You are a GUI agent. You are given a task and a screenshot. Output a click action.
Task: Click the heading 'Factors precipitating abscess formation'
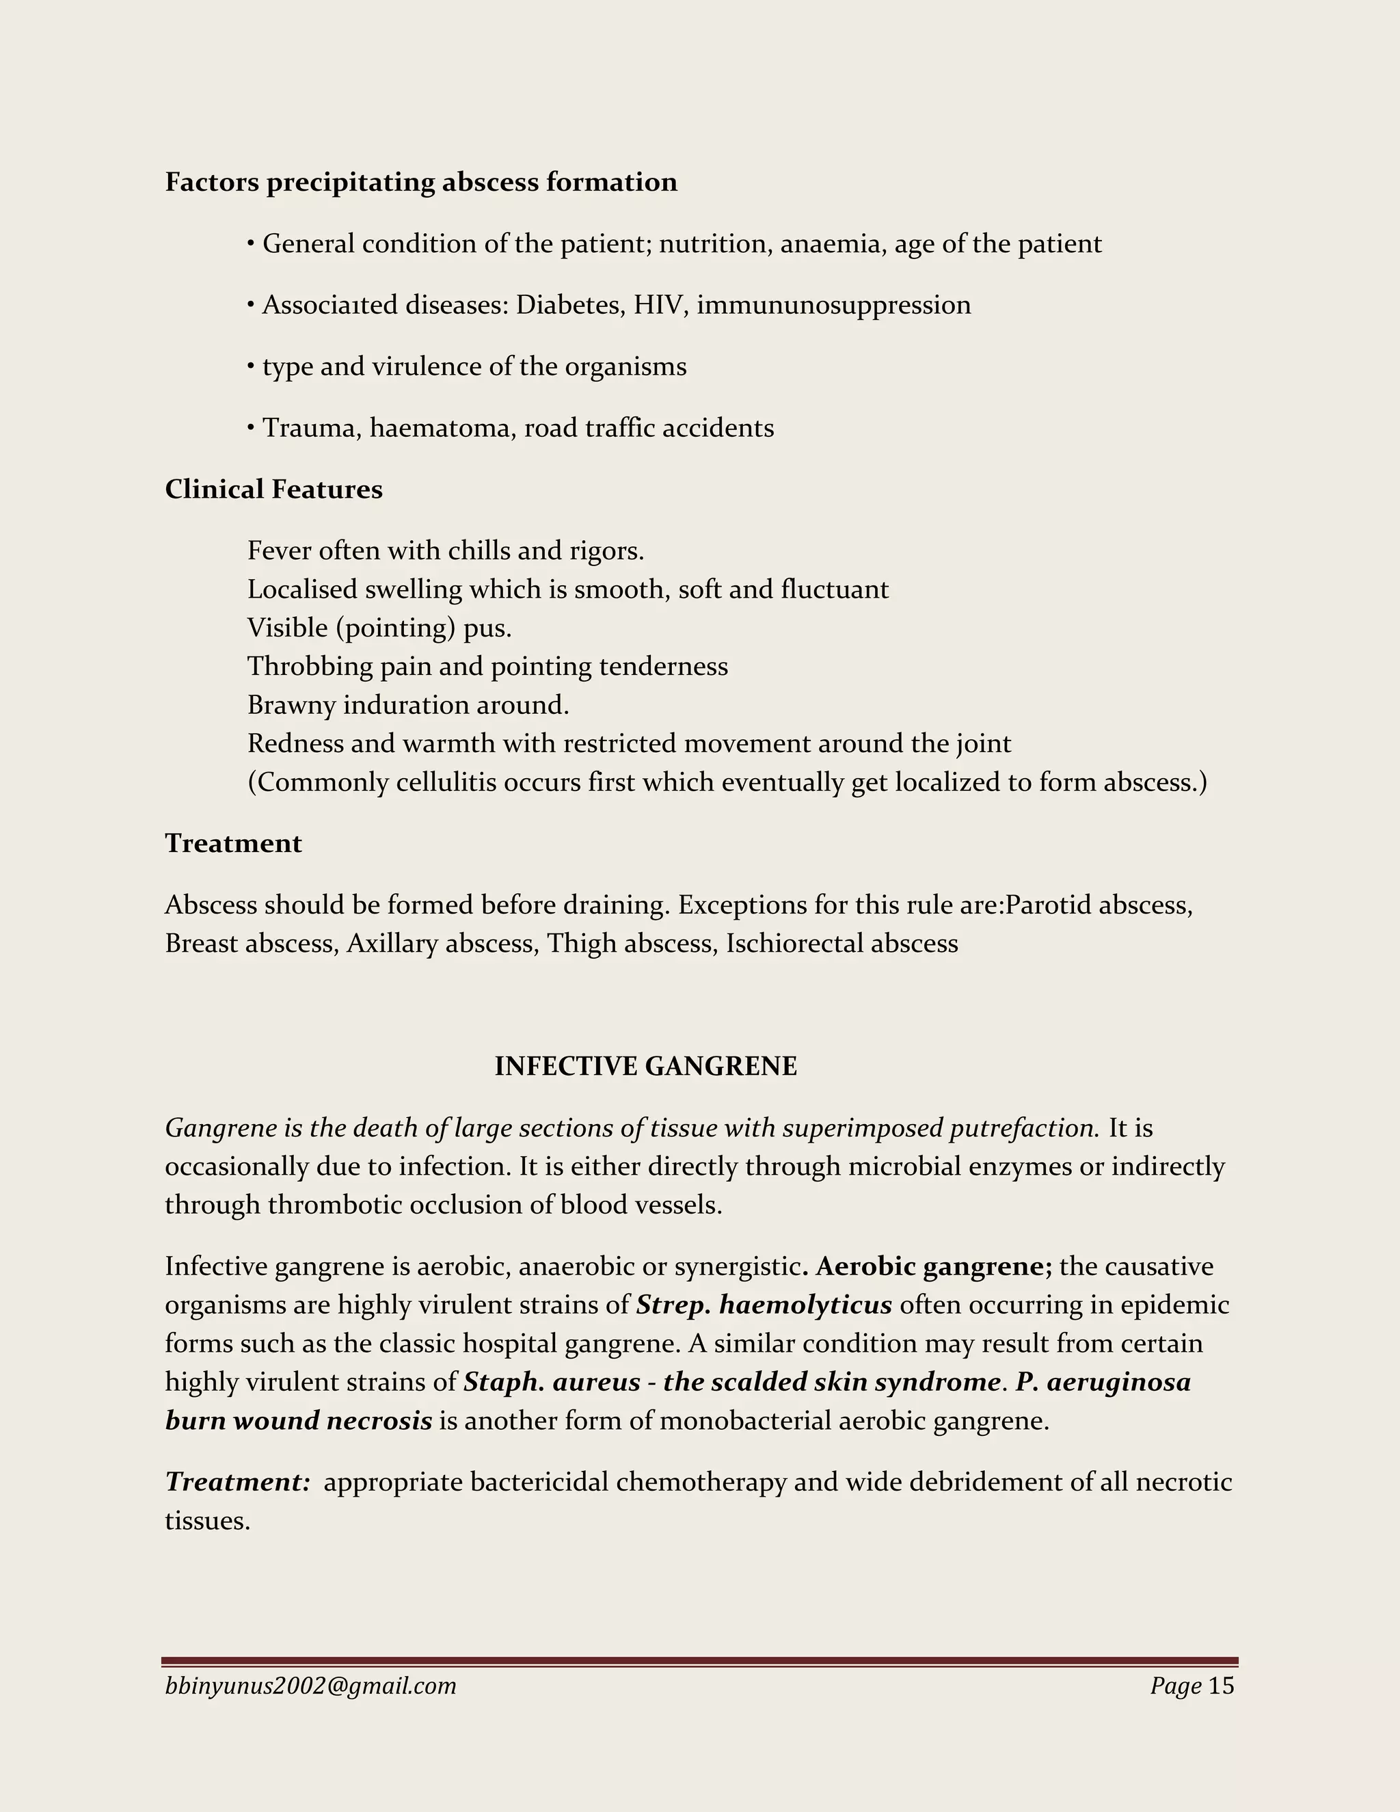click(x=420, y=183)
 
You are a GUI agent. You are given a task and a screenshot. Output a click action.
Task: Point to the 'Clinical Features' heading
click(x=273, y=490)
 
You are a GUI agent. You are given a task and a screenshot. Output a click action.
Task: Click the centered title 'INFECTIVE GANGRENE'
click(x=645, y=1066)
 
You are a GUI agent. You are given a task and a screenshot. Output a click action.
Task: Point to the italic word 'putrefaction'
click(x=1023, y=1128)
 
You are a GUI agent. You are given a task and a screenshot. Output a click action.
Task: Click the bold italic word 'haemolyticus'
click(x=805, y=1305)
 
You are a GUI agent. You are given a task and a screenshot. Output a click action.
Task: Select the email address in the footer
click(x=310, y=1686)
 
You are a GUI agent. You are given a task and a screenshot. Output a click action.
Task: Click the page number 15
click(x=1221, y=1686)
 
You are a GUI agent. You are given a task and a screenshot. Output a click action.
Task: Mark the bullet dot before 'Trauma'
click(x=250, y=428)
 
